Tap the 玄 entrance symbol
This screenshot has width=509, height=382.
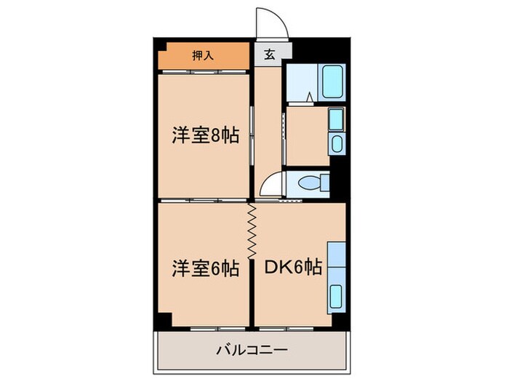click(x=269, y=55)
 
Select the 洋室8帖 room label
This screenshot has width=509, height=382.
click(x=206, y=136)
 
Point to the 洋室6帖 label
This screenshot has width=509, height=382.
click(x=206, y=268)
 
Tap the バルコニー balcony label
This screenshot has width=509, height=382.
click(x=252, y=350)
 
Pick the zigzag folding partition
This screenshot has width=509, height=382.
click(x=252, y=231)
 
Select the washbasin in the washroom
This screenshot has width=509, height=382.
click(x=337, y=143)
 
